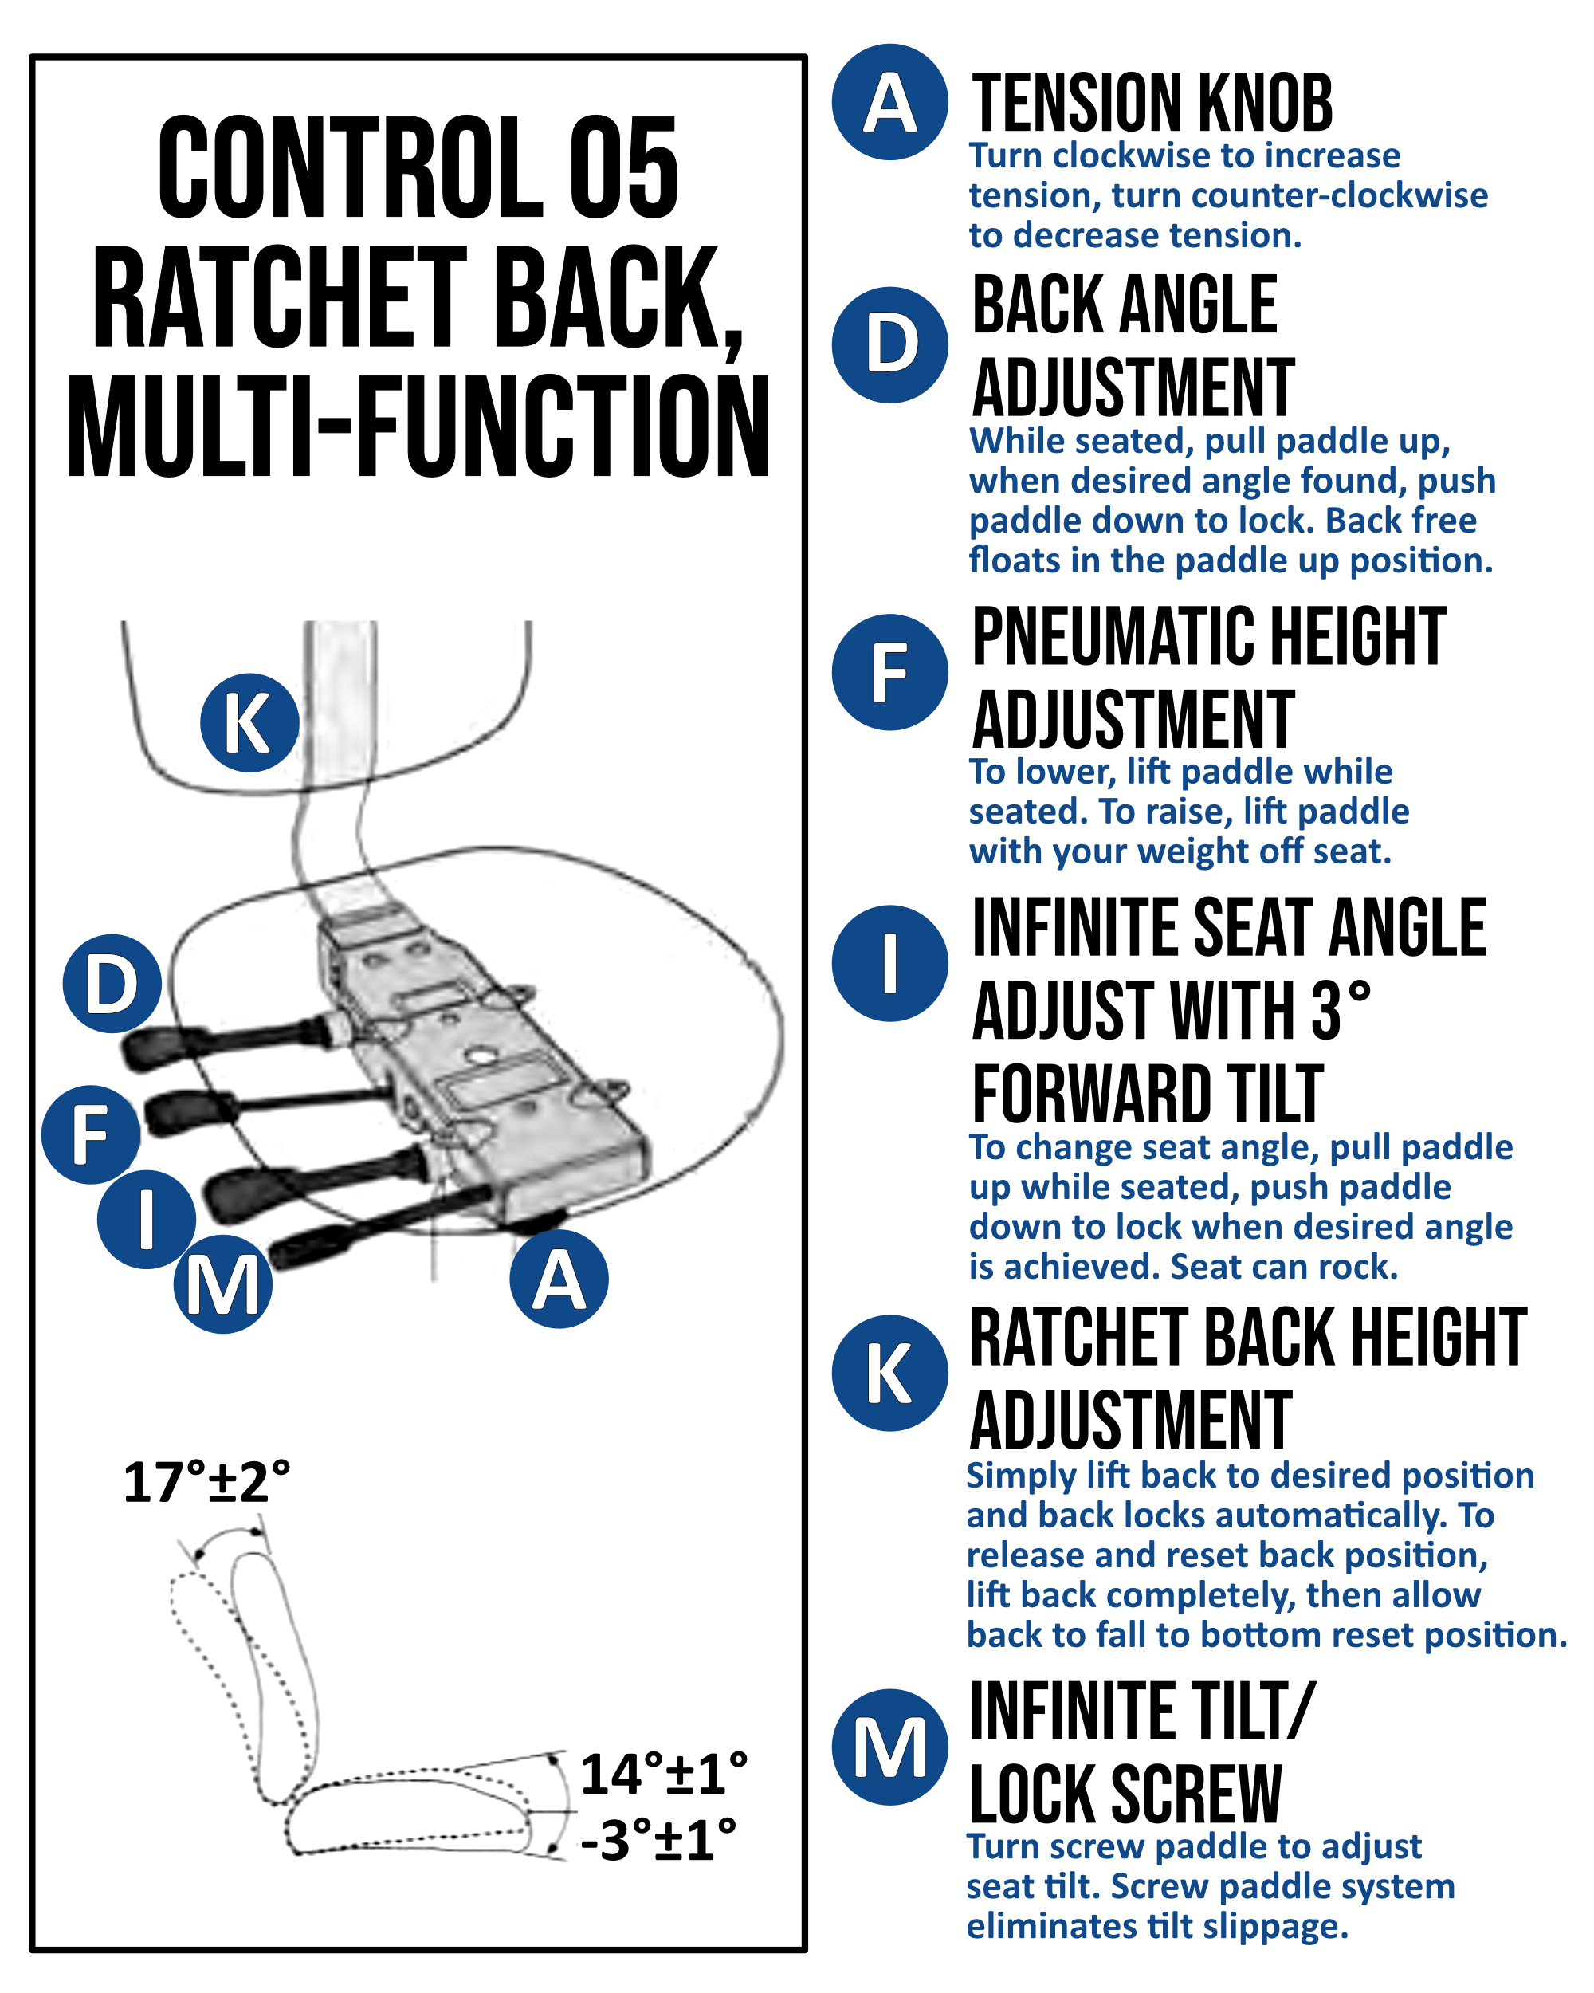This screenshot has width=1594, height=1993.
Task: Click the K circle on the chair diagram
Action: [249, 723]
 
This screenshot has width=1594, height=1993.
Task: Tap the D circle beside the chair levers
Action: [112, 984]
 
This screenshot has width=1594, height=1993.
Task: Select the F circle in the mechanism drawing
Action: [91, 1134]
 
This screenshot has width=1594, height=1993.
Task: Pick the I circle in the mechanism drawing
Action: [146, 1218]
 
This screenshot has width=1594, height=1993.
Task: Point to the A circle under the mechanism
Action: [559, 1280]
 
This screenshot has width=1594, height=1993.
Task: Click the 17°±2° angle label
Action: [206, 1483]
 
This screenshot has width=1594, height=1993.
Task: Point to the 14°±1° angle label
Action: [663, 1774]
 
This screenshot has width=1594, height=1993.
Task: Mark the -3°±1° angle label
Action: [658, 1841]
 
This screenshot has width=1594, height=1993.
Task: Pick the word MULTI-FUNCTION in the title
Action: [418, 427]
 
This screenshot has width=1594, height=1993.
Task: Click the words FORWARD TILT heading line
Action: [1148, 1095]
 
